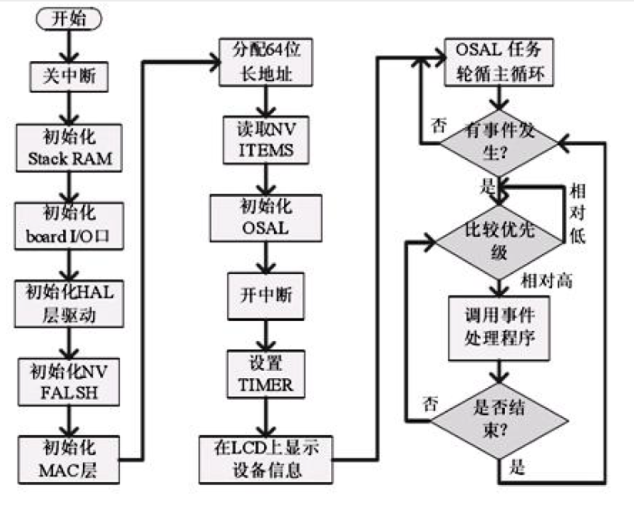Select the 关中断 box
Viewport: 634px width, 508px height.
click(x=69, y=76)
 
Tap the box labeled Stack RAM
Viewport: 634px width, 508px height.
click(x=69, y=148)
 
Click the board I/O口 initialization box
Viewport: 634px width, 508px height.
click(x=69, y=225)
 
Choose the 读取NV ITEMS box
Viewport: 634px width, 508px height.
click(x=264, y=142)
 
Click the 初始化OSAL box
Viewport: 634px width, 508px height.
click(x=264, y=218)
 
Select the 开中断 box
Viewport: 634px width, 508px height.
click(x=264, y=295)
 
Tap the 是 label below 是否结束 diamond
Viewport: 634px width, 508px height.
click(x=518, y=470)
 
